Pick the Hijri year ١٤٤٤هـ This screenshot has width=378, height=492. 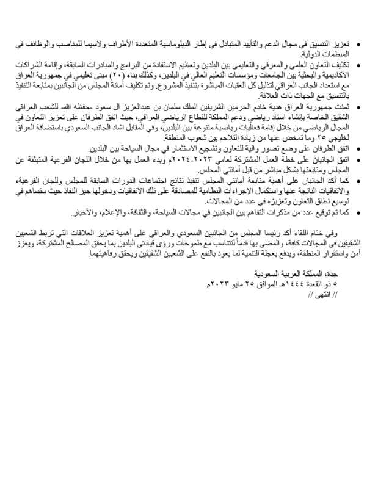point(293,284)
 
